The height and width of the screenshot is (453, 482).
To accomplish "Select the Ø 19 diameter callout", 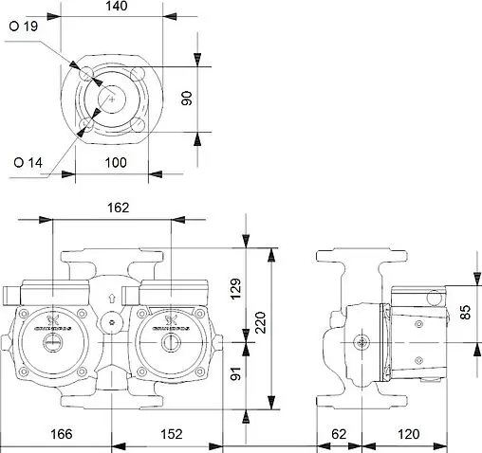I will coord(27,27).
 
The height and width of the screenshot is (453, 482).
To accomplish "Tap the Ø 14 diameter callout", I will coord(27,162).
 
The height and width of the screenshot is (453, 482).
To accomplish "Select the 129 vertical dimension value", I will coord(237,286).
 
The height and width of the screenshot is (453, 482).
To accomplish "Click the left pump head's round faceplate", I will coord(51,332).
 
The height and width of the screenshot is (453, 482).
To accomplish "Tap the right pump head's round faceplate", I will coord(172,332).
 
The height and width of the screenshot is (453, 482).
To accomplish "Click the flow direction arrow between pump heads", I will coord(112,296).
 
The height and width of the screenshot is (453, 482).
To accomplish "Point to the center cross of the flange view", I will coord(111,99).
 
